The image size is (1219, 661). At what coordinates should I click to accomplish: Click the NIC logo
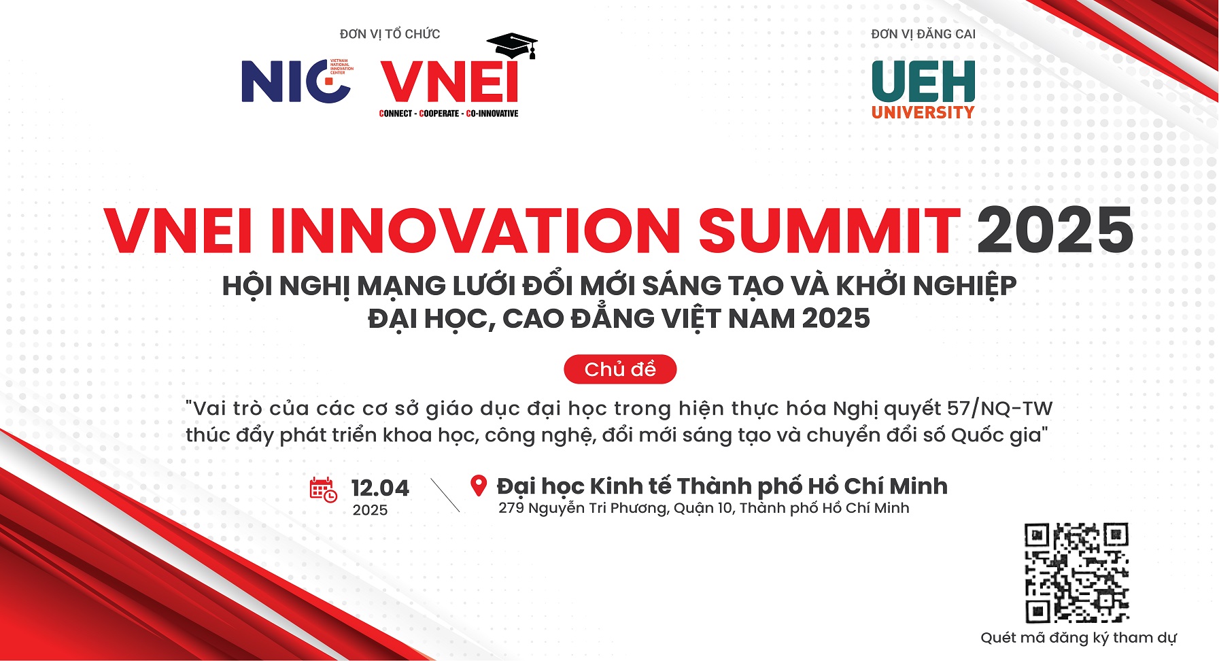pos(297,81)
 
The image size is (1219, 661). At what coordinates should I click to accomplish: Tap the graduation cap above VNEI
pos(512,45)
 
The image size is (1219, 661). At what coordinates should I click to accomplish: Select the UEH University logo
pos(923,90)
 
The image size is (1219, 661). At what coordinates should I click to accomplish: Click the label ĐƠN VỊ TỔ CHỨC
pos(390,34)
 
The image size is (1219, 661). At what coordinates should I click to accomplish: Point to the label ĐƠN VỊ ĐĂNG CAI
pos(923,34)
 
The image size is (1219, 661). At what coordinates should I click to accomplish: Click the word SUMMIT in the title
pos(829,230)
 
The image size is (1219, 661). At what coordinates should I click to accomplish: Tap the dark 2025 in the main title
pos(1055,230)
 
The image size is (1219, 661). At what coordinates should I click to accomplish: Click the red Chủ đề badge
pos(620,369)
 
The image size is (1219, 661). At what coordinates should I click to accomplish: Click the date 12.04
pos(380,488)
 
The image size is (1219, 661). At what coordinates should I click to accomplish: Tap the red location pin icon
pos(479,486)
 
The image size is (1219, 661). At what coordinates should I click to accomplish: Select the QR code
pos(1077,573)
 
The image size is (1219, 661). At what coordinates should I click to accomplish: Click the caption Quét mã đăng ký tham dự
pos(1078,638)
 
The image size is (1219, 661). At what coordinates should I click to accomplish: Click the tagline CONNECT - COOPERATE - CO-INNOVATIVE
pos(449,114)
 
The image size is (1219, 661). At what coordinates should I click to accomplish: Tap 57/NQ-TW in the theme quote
pos(999,408)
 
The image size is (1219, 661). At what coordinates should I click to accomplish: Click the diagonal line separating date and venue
pos(445,495)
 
